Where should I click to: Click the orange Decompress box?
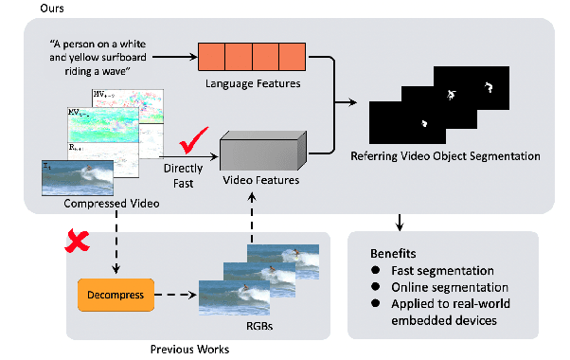click(110, 296)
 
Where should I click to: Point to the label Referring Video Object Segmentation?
click(445, 155)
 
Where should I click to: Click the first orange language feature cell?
click(212, 59)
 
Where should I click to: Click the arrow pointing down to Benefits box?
click(401, 222)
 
